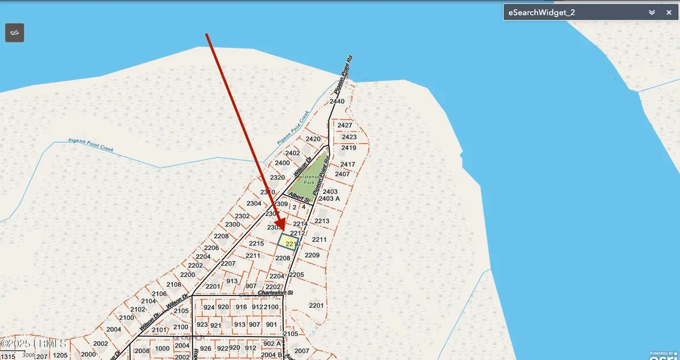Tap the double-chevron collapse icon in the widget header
[x=652, y=12]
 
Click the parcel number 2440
[x=337, y=101]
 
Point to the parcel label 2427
[x=345, y=125]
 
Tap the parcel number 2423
[x=348, y=137]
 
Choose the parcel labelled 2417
[x=347, y=164]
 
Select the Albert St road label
[x=299, y=197]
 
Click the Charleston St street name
[x=275, y=293]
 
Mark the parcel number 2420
[x=313, y=139]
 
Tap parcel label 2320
[x=277, y=177]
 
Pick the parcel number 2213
[x=321, y=221]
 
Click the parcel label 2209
[x=312, y=255]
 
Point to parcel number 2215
[x=256, y=243]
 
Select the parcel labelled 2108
[x=173, y=285]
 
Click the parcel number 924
[x=209, y=307]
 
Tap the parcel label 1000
[x=162, y=349]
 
